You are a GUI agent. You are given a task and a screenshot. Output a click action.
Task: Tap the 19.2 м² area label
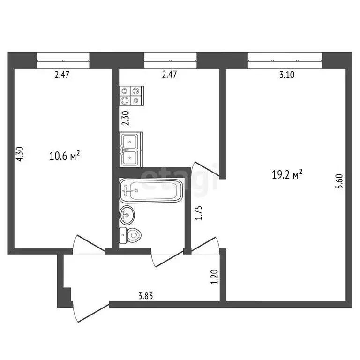pos(286,175)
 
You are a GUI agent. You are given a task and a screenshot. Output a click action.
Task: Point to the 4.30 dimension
pos(19,155)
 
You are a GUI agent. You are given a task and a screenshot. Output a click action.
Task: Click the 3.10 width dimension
pos(286,75)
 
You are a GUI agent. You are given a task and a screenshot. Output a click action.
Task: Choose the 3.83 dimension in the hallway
pos(146,296)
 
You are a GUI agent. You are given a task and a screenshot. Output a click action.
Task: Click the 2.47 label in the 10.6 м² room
pos(62,75)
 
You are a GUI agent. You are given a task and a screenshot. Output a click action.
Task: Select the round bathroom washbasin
pos(127,215)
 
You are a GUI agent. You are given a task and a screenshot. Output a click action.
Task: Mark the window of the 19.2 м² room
pos(285,59)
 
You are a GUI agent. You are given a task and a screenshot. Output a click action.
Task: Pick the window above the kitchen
pos(171,59)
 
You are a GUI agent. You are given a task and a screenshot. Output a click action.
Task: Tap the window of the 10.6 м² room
pos(63,59)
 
